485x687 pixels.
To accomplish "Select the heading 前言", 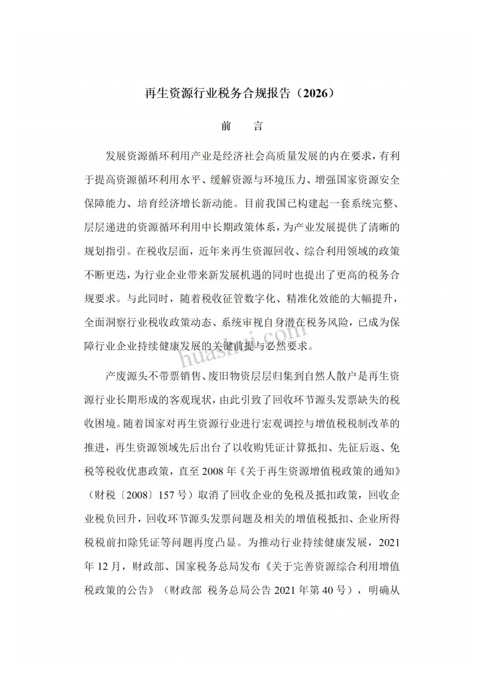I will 242,127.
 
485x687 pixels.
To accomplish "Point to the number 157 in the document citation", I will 172,494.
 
